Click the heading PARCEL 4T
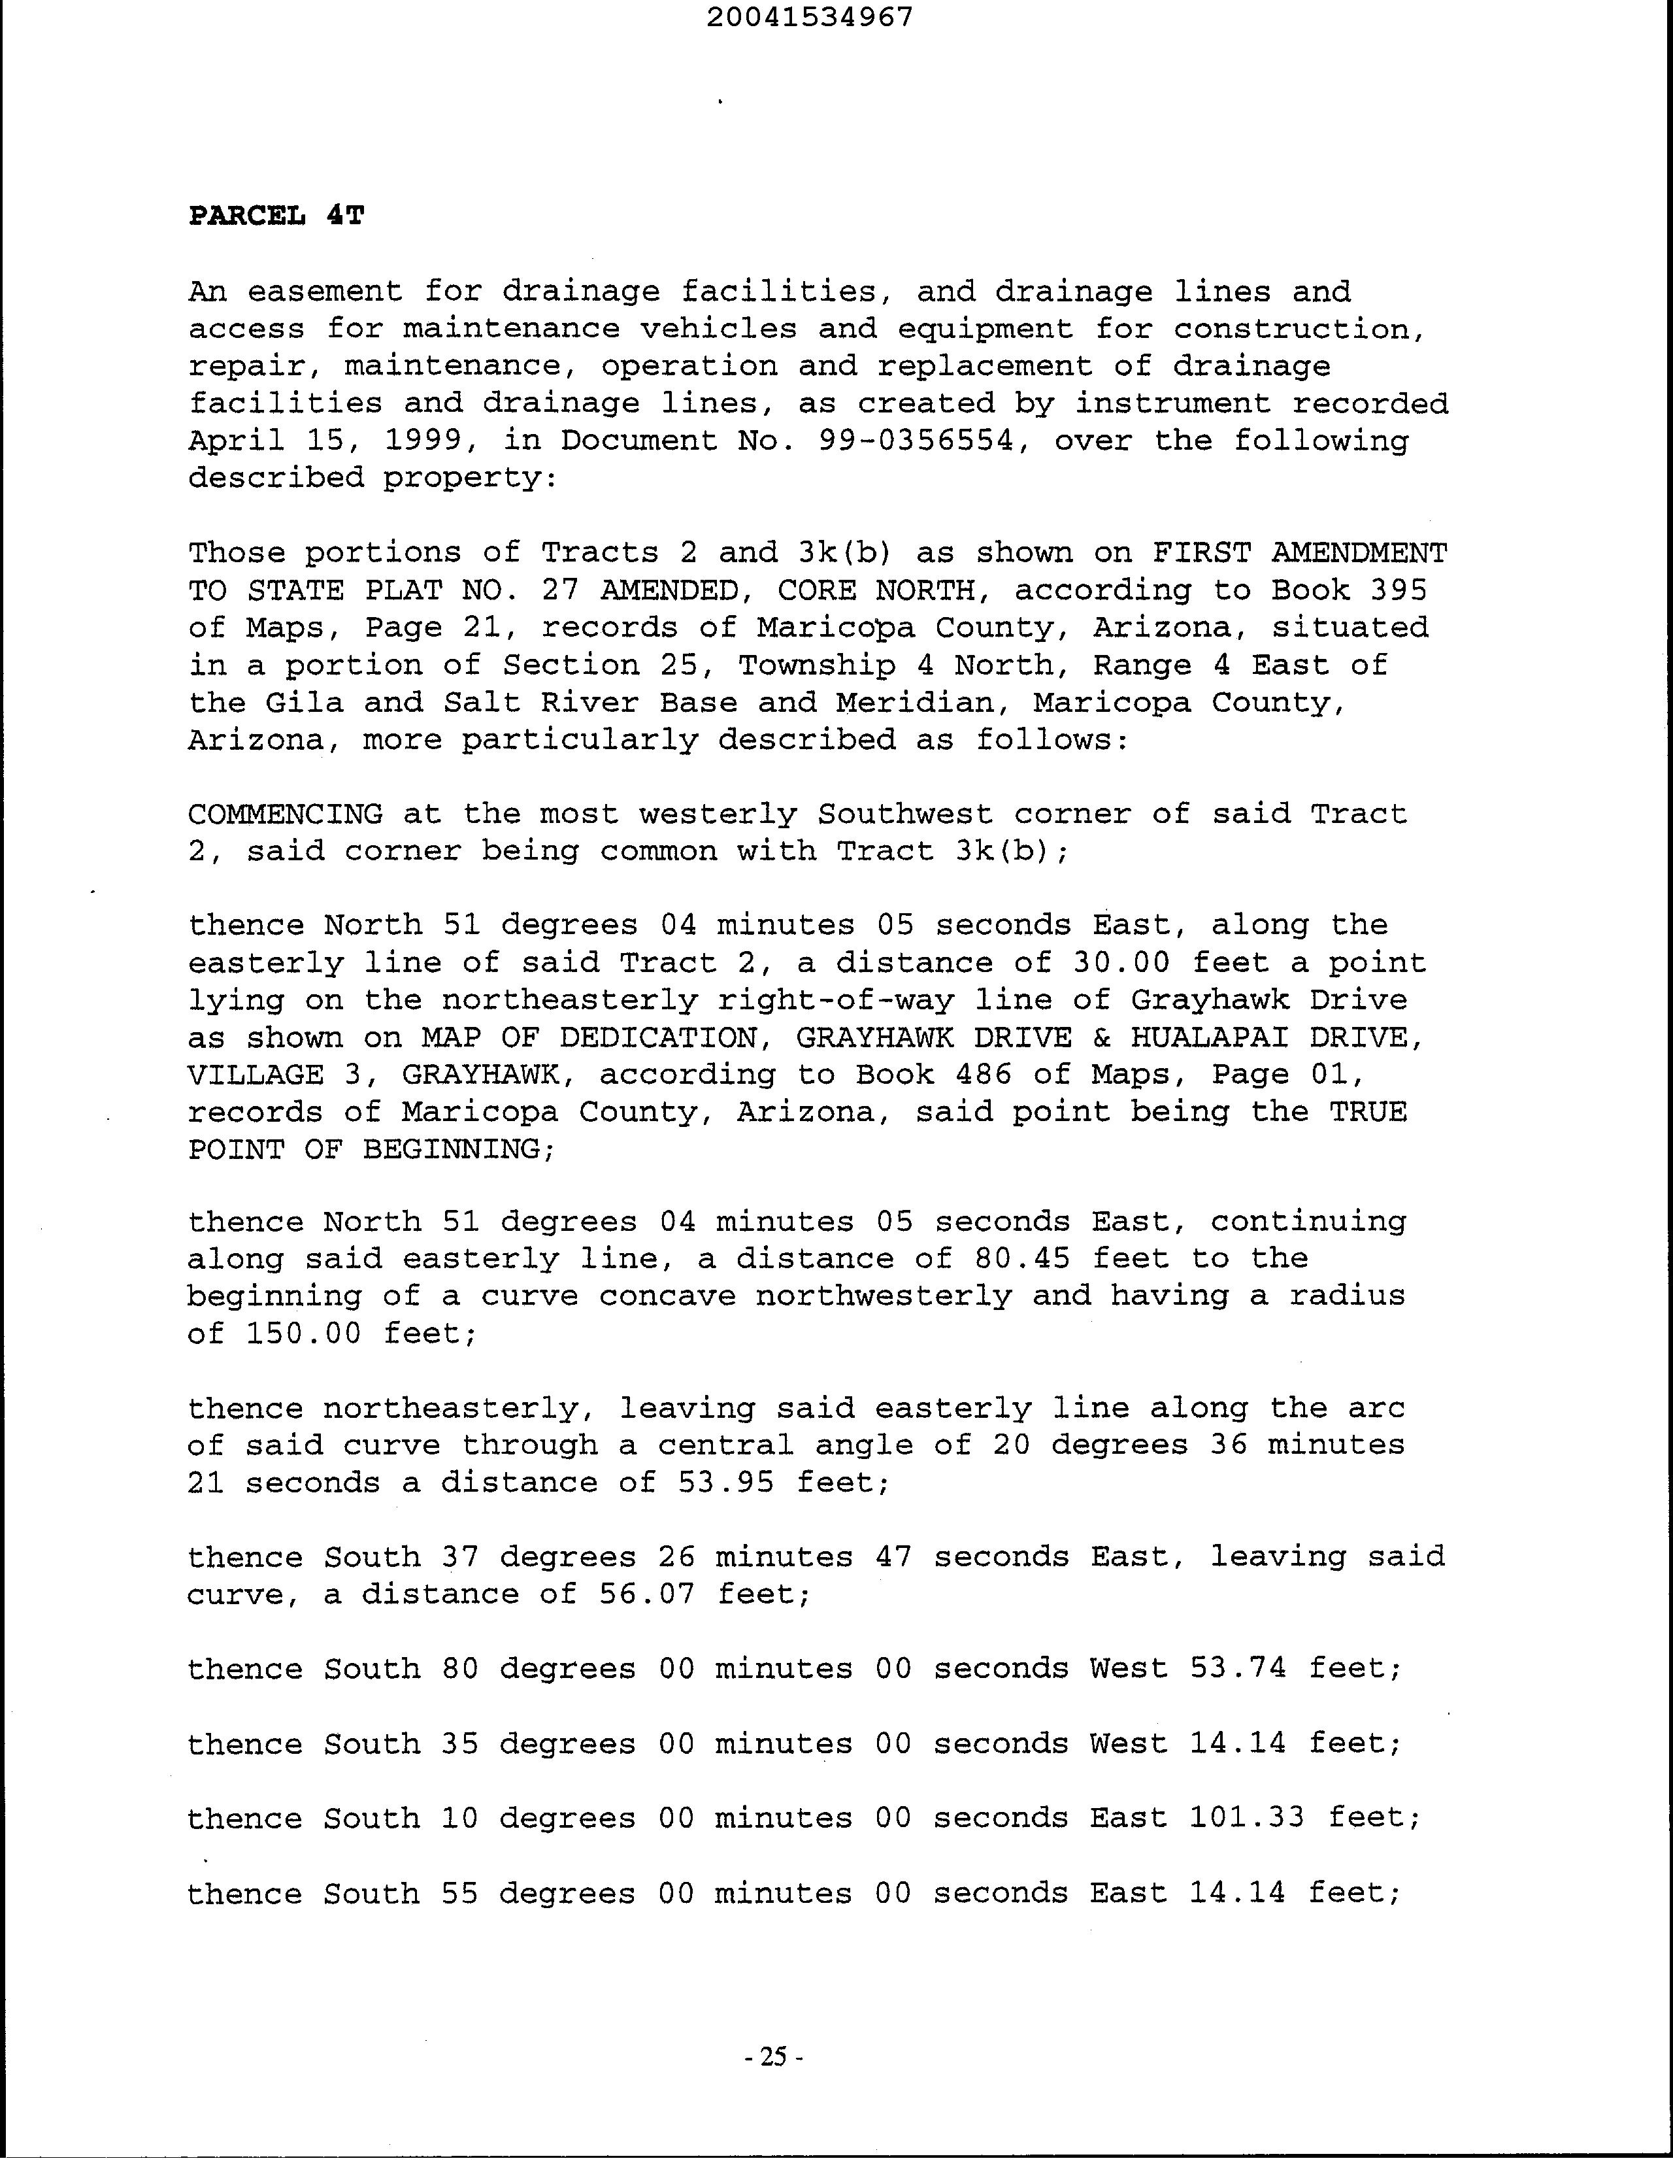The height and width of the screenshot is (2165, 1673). coord(276,216)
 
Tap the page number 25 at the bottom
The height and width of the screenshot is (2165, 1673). coord(773,2057)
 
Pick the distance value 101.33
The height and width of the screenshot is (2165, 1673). coord(1247,1818)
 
